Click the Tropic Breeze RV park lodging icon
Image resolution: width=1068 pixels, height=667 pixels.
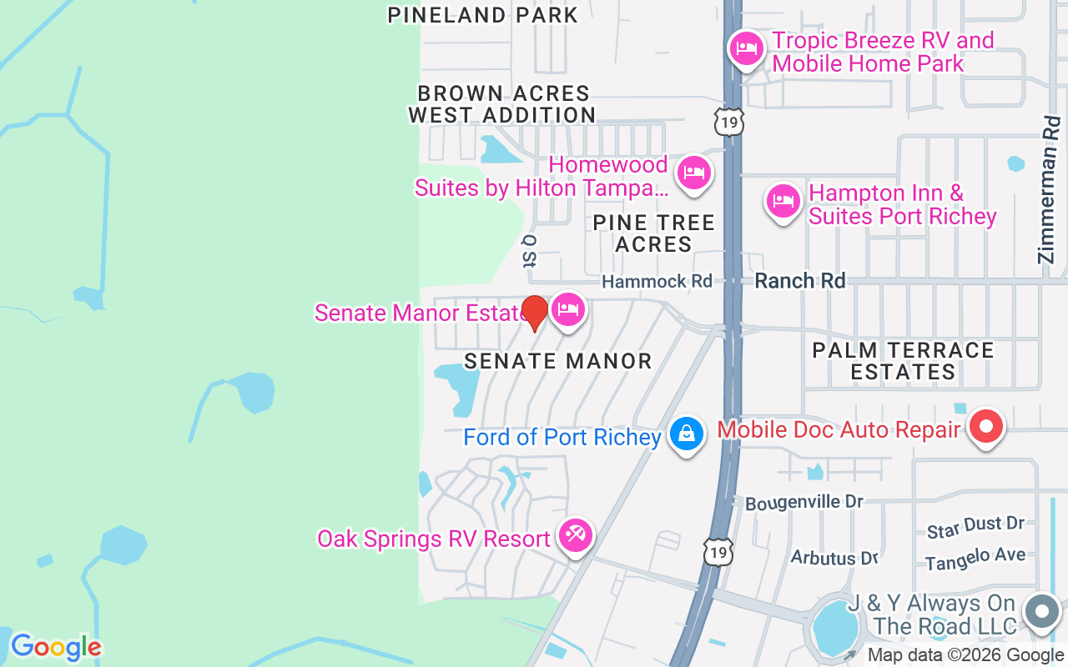(746, 48)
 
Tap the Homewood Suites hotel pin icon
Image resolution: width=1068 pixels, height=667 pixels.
(693, 173)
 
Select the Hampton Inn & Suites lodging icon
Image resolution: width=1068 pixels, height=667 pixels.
(783, 201)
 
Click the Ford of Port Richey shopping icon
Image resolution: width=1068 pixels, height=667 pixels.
(686, 434)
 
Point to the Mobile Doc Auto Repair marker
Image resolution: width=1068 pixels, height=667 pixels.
(986, 428)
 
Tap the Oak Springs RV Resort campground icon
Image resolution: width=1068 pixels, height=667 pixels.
(575, 535)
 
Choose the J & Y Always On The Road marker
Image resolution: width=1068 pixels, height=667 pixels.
(1041, 612)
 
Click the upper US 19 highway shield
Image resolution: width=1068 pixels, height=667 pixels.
(728, 123)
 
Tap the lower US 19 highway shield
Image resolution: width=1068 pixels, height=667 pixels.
(718, 551)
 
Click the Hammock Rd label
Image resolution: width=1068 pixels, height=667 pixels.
(657, 282)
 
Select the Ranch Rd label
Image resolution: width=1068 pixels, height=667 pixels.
(799, 281)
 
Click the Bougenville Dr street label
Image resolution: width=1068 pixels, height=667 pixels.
(804, 503)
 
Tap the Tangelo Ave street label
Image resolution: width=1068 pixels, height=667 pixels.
(975, 558)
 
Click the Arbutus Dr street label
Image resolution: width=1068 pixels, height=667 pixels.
(834, 557)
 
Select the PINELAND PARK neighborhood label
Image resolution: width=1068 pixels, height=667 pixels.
(482, 15)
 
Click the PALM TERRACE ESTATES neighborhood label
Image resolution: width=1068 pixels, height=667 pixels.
(903, 360)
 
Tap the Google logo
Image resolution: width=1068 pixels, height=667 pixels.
(56, 647)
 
